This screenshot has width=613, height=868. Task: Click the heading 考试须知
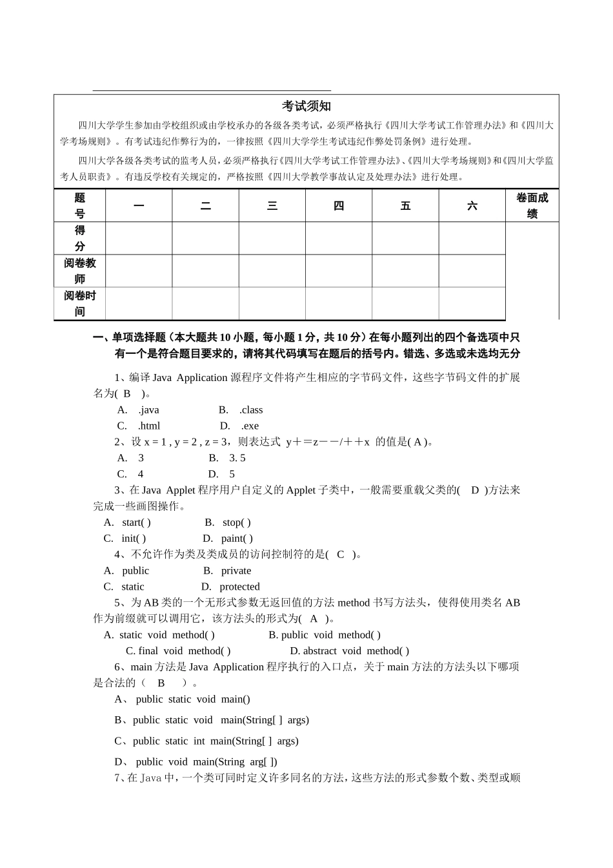coord(306,107)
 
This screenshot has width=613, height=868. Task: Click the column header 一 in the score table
coord(139,206)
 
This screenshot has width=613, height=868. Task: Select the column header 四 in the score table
coord(339,206)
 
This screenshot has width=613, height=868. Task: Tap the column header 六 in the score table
coord(472,206)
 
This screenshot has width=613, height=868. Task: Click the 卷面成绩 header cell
coord(532,206)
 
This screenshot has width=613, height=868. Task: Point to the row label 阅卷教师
coord(80,271)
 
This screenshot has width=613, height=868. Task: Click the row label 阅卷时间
coord(80,304)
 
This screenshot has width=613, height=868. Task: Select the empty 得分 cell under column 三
coord(272,238)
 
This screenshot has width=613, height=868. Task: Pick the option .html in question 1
coord(148,426)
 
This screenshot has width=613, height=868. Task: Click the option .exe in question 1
coord(249,426)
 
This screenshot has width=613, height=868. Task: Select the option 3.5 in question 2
coord(237,459)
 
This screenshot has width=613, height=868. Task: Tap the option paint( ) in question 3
coord(236,539)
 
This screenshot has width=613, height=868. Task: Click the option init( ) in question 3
coord(134,539)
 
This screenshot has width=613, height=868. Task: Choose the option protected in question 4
coord(239,587)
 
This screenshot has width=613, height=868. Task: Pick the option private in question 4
coord(236,571)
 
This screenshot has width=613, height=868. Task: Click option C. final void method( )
coord(178,651)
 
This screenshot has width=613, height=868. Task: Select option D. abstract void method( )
coord(349,651)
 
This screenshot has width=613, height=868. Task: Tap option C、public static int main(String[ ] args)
coord(206,741)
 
